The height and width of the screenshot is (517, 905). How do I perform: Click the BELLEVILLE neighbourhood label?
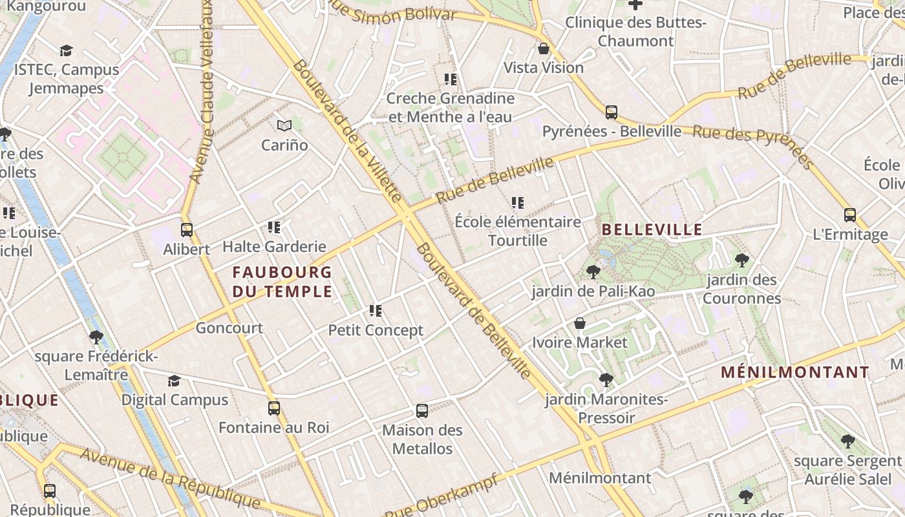click(652, 229)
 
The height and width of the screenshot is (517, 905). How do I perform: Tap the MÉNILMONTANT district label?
click(794, 372)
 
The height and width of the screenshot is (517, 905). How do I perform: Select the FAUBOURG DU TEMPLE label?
click(282, 282)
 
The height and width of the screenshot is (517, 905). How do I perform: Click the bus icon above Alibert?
click(187, 229)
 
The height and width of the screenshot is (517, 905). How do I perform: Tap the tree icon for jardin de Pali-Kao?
click(593, 272)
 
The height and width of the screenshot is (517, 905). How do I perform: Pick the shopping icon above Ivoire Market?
click(580, 322)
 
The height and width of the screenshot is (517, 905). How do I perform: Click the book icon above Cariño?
click(284, 125)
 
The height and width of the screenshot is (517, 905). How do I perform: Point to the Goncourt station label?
click(229, 328)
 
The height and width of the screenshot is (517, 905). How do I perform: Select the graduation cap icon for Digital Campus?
click(174, 381)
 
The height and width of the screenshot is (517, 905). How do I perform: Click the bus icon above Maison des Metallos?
click(422, 410)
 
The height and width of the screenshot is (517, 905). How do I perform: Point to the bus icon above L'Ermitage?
click(850, 215)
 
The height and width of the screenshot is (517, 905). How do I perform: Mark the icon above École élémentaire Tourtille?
click(517, 203)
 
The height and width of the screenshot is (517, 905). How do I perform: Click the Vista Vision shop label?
click(544, 68)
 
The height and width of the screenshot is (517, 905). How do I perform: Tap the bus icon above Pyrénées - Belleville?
click(612, 112)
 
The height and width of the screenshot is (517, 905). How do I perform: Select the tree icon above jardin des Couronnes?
click(741, 260)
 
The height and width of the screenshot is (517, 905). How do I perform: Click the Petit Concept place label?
click(376, 330)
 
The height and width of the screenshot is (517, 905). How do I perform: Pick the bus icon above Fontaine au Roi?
click(274, 408)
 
